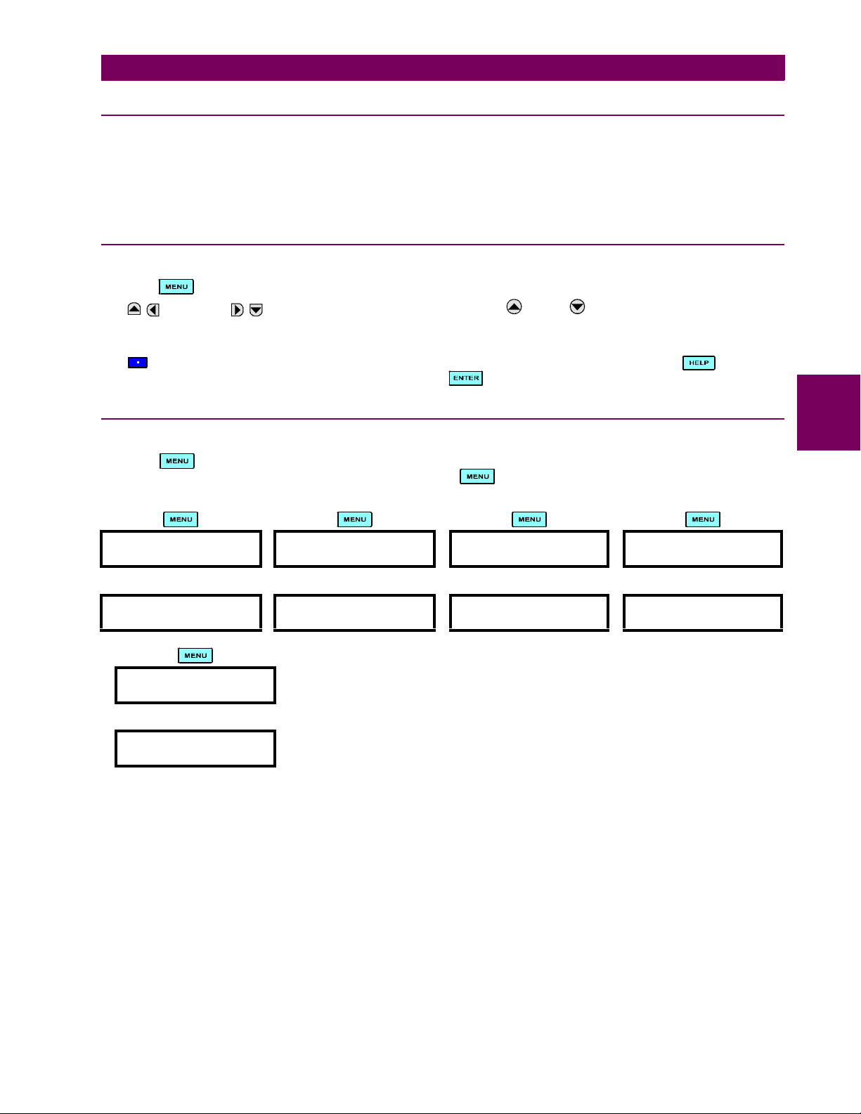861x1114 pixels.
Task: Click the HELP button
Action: pos(699,363)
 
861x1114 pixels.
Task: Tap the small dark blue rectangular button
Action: pos(138,363)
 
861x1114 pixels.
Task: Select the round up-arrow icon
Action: pos(514,306)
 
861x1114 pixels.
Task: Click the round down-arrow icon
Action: pos(577,306)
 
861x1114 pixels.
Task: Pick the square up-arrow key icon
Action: pos(134,309)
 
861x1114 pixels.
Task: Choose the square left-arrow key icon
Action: pos(153,310)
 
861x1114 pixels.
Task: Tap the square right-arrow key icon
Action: pos(238,310)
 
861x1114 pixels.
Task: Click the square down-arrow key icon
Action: pos(257,310)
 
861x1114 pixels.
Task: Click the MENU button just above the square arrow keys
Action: pos(176,287)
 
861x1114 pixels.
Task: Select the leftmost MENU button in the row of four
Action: pos(181,519)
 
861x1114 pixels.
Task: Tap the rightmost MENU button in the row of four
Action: pos(703,519)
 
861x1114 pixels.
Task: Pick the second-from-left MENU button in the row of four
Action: pos(355,519)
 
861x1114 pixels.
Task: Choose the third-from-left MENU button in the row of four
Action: pos(529,519)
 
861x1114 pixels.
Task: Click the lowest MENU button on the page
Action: pos(195,656)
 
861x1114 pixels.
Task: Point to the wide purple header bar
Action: pos(443,68)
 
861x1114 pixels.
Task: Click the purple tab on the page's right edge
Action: pos(829,413)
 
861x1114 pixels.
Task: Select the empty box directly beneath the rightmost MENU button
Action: pos(703,549)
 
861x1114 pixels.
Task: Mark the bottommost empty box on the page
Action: pos(195,749)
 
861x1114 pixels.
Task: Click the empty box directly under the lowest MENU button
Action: pos(195,685)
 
